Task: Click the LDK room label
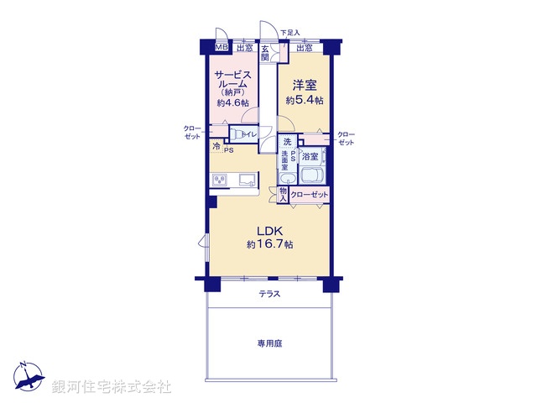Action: pos(268,231)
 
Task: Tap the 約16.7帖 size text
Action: pos(269,245)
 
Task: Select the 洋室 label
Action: pos(304,85)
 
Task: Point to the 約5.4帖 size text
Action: pos(304,100)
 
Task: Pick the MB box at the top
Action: pos(222,48)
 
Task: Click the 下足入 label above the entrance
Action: pos(289,33)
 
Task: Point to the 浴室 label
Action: pos(310,156)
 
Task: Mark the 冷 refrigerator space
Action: pos(216,146)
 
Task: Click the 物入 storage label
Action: pos(284,195)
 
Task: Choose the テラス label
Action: pos(268,294)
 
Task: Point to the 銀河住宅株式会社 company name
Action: pos(112,387)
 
